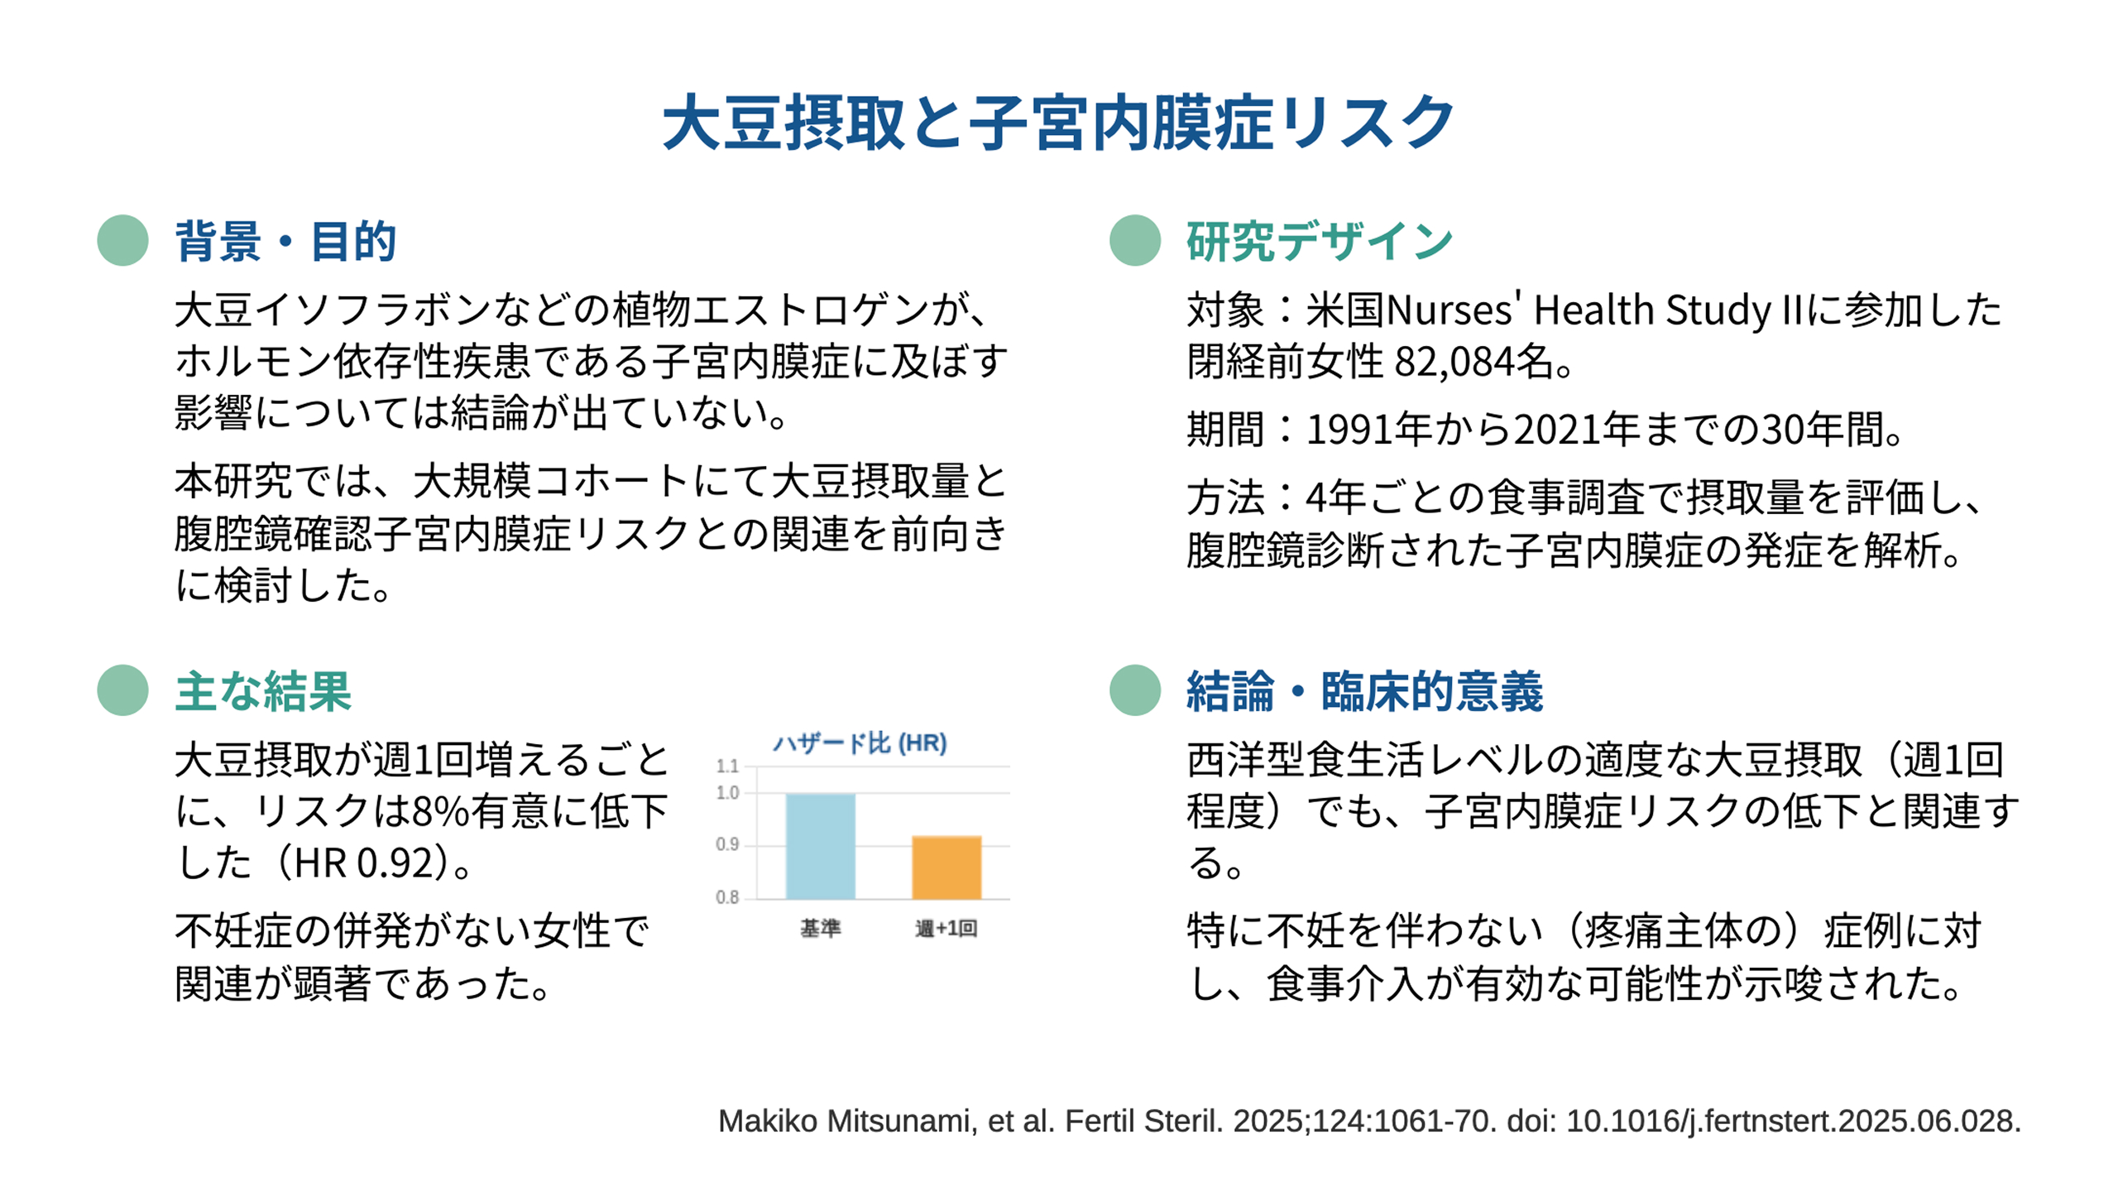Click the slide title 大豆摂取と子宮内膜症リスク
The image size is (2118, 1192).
pos(1058,123)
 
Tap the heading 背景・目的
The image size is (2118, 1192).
pos(285,241)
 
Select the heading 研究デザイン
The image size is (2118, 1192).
pos(1320,241)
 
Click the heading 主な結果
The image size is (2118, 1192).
pos(263,691)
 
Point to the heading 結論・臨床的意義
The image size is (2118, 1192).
pos(1364,691)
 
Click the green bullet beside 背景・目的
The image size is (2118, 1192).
pos(122,240)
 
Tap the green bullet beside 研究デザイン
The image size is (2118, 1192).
pos(1135,240)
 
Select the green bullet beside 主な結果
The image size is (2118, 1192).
pos(122,690)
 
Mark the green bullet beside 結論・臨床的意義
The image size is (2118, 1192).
pos(1135,690)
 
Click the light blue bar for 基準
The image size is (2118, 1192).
pos(820,846)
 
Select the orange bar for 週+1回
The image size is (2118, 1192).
pos(946,868)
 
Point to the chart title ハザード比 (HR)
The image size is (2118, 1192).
pos(860,743)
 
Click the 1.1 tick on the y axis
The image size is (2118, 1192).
pos(727,766)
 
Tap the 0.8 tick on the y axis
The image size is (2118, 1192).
pos(727,897)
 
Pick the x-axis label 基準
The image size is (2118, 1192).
pos(820,928)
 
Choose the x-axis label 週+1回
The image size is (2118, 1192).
pos(946,928)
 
